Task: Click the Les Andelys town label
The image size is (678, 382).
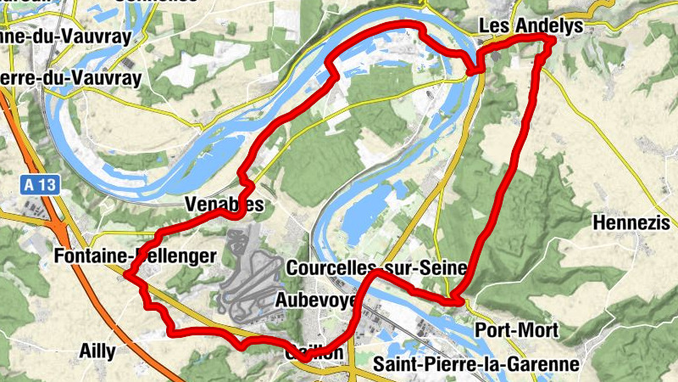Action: (x=531, y=26)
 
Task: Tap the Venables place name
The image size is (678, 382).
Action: (x=219, y=205)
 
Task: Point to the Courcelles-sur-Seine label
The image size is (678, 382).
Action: (x=377, y=267)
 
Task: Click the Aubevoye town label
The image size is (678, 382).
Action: (x=314, y=300)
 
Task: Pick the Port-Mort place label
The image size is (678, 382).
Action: (x=508, y=329)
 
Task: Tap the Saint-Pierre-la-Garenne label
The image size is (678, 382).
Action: (x=476, y=364)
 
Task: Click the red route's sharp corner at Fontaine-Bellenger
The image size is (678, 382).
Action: (x=126, y=273)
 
